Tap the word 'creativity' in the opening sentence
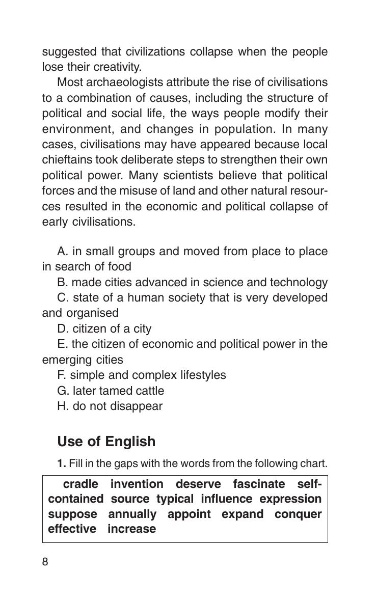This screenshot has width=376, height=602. (117, 67)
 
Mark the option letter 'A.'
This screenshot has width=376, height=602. (63, 252)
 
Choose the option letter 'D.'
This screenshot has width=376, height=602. (63, 329)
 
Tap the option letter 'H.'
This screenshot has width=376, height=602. (63, 406)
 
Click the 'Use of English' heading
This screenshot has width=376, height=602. (106, 442)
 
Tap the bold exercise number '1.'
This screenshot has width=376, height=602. (62, 464)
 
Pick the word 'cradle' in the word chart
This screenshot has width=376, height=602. (80, 484)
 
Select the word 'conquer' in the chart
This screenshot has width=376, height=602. (298, 514)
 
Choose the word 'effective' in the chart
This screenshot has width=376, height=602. (72, 529)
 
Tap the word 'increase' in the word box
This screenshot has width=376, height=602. (131, 529)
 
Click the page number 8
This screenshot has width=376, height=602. (45, 562)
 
